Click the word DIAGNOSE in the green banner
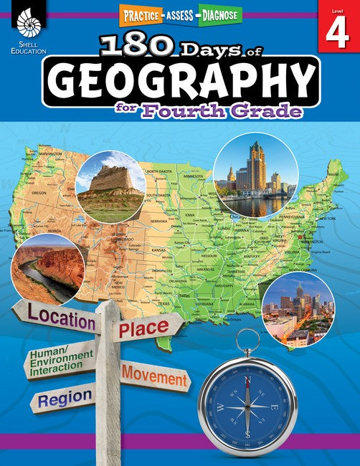click(x=216, y=14)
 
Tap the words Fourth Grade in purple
click(x=228, y=112)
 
